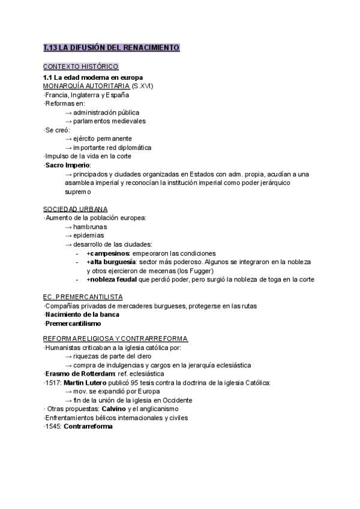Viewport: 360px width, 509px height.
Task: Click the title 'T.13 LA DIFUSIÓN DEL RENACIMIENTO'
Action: click(x=112, y=47)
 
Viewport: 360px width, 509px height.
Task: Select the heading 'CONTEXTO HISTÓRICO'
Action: click(x=81, y=66)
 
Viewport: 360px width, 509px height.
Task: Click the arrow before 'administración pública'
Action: click(x=69, y=112)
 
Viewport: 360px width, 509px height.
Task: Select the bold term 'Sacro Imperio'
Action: click(x=68, y=164)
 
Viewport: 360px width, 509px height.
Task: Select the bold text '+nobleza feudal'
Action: click(x=111, y=279)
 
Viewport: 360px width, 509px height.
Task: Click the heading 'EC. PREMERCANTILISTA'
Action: click(x=83, y=297)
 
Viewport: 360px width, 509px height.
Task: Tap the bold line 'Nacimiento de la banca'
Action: click(x=82, y=315)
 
